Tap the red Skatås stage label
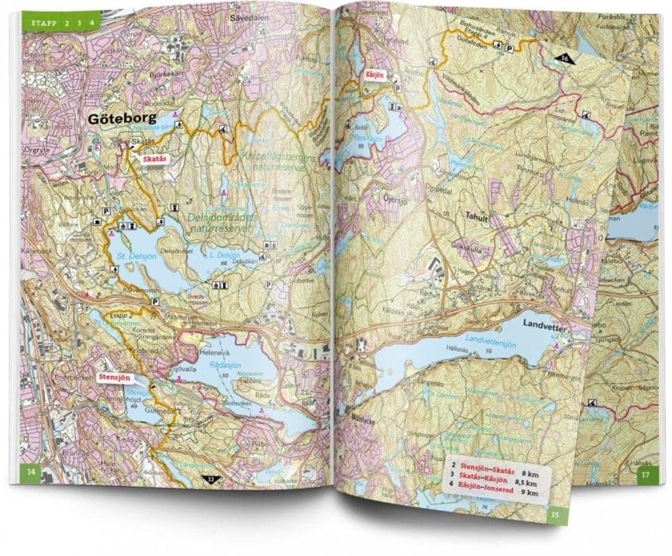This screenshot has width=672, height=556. (x=152, y=158)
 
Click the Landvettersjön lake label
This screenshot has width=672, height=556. (x=491, y=345)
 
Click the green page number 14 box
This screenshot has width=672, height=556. (x=31, y=472)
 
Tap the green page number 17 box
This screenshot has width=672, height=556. (x=645, y=474)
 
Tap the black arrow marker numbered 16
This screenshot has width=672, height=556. (x=564, y=58)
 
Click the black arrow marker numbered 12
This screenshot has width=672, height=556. (x=209, y=479)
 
